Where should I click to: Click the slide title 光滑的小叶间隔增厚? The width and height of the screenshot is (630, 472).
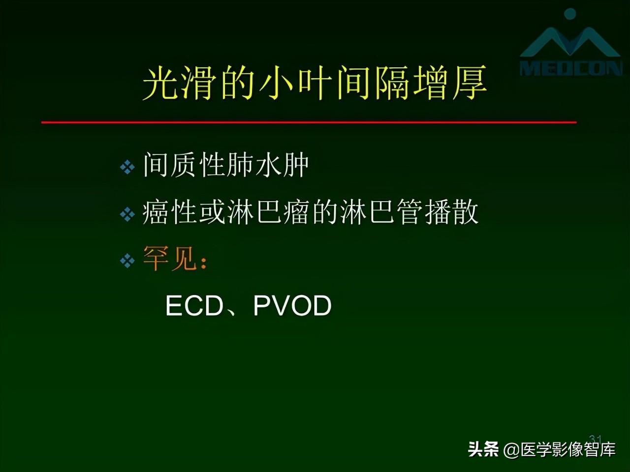pyautogui.click(x=315, y=83)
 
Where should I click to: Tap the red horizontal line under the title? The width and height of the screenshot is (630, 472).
pyautogui.click(x=309, y=122)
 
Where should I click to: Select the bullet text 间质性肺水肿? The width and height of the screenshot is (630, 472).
pyautogui.click(x=226, y=165)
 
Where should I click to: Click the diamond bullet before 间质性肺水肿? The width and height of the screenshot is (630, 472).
pyautogui.click(x=127, y=167)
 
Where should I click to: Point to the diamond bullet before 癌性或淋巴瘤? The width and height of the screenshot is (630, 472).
pyautogui.click(x=127, y=214)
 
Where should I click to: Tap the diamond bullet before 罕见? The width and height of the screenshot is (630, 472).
pyautogui.click(x=127, y=261)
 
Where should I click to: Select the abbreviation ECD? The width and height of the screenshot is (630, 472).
pyautogui.click(x=194, y=306)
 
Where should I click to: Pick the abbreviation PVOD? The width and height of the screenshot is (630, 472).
pyautogui.click(x=292, y=306)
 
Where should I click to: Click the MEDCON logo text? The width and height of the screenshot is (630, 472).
pyautogui.click(x=571, y=68)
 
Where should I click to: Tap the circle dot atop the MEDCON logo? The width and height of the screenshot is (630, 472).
pyautogui.click(x=570, y=14)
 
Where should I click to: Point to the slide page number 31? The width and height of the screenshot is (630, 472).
pyautogui.click(x=596, y=439)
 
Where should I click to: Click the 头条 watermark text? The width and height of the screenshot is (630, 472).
pyautogui.click(x=483, y=449)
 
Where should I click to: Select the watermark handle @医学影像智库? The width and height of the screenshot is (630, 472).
pyautogui.click(x=560, y=449)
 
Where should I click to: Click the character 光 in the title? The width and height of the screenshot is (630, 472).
pyautogui.click(x=160, y=83)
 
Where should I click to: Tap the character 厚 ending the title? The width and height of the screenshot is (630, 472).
pyautogui.click(x=470, y=83)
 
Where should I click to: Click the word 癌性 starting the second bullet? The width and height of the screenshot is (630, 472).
pyautogui.click(x=170, y=212)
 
